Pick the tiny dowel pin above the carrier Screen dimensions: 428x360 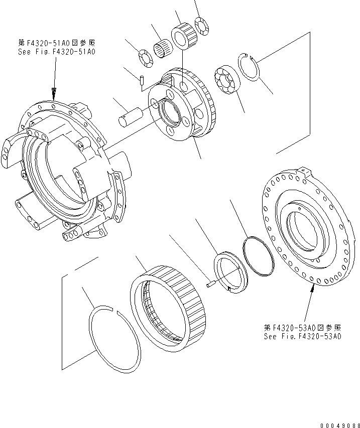coord(142,79)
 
